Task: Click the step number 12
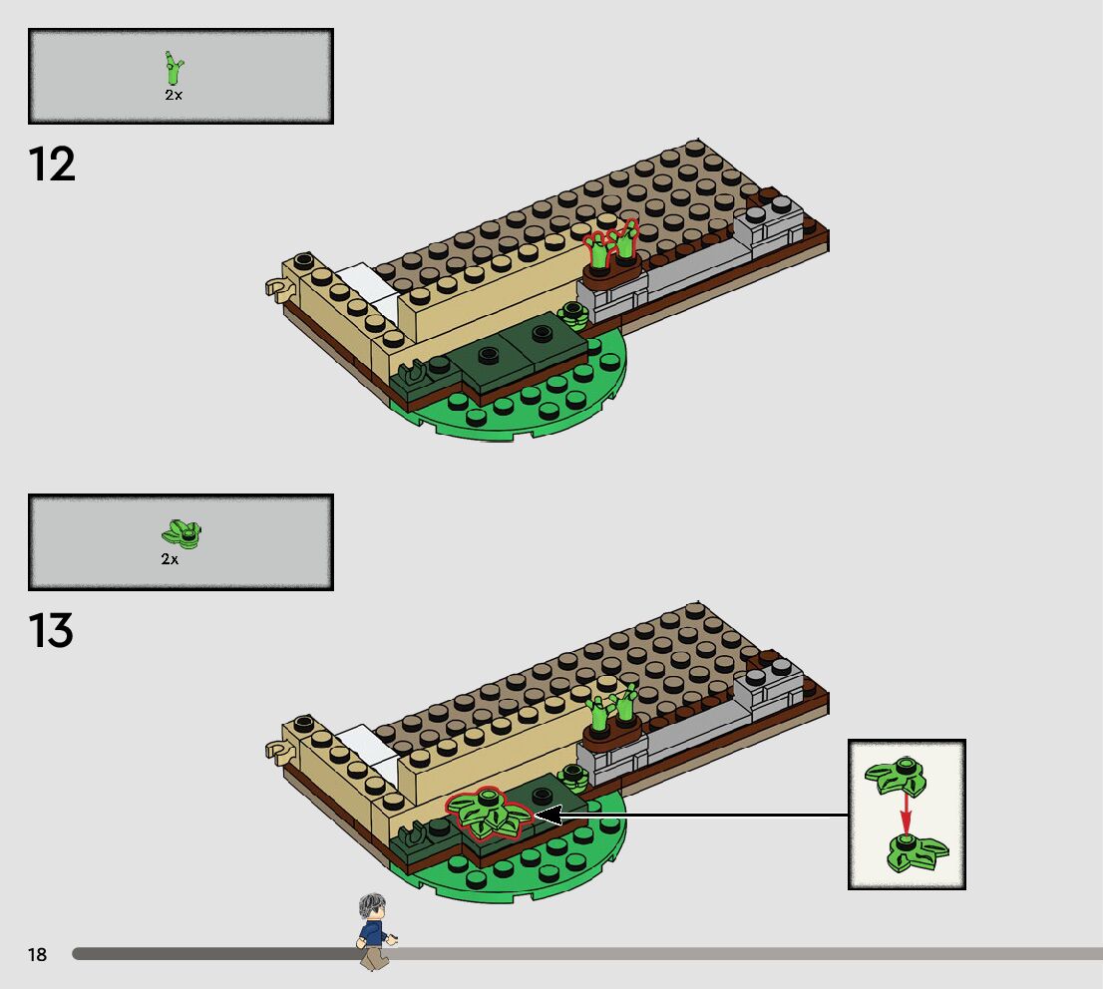click(x=52, y=165)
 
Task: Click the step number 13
click(x=52, y=630)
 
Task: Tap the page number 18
click(x=37, y=955)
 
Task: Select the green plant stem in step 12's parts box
click(x=176, y=70)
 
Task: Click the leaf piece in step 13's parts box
click(x=182, y=533)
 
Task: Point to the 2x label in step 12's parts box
click(x=174, y=96)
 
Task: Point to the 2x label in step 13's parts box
click(x=170, y=559)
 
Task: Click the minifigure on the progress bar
click(x=374, y=931)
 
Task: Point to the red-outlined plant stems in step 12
click(x=611, y=244)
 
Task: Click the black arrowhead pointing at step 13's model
click(x=548, y=816)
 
